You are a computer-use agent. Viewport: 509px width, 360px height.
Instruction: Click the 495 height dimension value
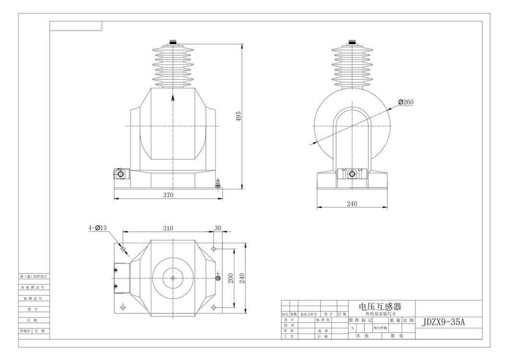[x=238, y=116]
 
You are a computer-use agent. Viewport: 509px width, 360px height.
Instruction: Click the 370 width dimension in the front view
[x=168, y=195]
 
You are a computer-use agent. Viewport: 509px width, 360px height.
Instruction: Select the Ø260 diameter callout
[x=406, y=102]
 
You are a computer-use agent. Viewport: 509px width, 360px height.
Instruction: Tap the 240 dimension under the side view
[x=352, y=204]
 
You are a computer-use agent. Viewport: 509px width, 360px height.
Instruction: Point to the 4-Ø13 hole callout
[x=97, y=228]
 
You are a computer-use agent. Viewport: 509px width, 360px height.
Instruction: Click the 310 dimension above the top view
[x=168, y=228]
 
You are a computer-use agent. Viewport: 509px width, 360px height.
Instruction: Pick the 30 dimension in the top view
[x=218, y=228]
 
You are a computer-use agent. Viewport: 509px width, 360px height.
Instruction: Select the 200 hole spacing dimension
[x=230, y=278]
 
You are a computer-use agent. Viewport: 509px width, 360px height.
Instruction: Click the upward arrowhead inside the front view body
[x=173, y=97]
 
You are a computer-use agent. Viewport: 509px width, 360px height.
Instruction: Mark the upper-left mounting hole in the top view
[x=123, y=249]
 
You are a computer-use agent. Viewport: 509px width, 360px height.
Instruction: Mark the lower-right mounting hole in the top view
[x=213, y=306]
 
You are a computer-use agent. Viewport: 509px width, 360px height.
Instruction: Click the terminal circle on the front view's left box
[x=121, y=174]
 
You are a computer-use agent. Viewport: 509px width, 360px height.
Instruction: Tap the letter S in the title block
[x=353, y=328]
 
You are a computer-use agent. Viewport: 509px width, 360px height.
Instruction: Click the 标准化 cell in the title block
[x=322, y=320]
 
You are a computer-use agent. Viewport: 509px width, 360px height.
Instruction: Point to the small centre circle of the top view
[x=172, y=278]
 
